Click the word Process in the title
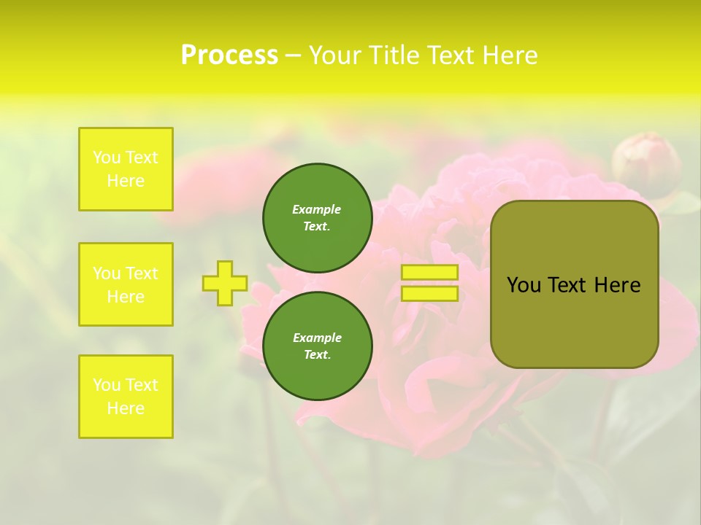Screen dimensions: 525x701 click(229, 55)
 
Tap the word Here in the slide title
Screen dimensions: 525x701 click(507, 55)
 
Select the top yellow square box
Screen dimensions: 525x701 click(126, 169)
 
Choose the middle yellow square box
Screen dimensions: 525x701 click(126, 284)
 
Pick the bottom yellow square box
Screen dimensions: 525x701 click(126, 397)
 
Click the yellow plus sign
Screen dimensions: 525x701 click(225, 283)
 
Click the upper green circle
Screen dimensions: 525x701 click(317, 217)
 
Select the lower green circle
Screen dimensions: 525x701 click(317, 346)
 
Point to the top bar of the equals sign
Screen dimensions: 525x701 click(429, 273)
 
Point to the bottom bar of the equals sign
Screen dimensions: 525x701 click(429, 294)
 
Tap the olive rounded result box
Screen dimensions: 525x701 click(574, 321)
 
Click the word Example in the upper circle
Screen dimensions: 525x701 click(317, 209)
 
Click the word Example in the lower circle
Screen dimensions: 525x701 click(317, 338)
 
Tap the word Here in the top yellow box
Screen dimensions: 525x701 click(126, 181)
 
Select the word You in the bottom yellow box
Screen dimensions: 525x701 click(107, 384)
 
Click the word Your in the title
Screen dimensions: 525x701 click(337, 55)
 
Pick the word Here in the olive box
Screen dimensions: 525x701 click(617, 285)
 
